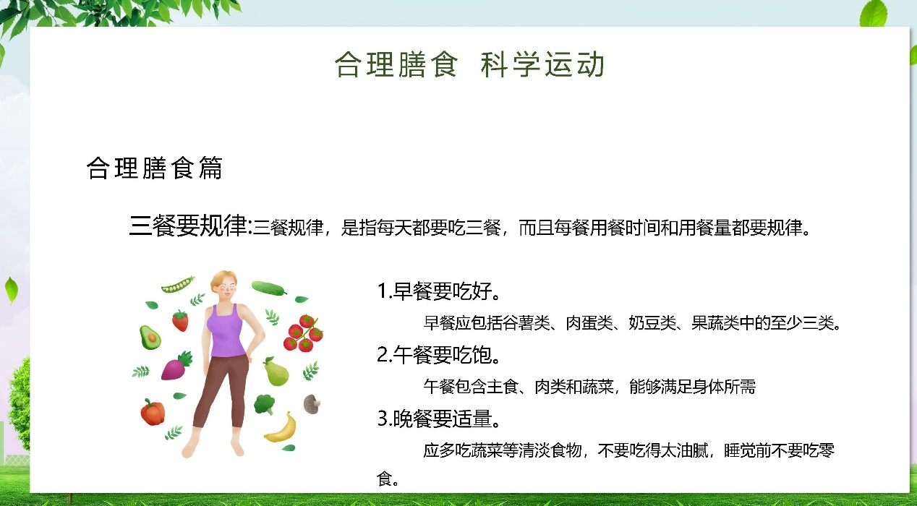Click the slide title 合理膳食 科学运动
469,64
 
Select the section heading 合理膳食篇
155,168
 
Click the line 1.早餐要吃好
438,291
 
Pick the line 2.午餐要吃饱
438,355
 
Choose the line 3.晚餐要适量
438,419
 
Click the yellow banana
281,428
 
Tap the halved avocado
150,338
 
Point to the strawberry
181,320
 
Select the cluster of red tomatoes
303,333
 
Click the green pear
276,372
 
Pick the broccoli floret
265,404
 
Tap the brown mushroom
312,404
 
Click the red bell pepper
153,412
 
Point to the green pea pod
178,285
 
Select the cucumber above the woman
268,288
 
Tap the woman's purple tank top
226,332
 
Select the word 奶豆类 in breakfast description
652,323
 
